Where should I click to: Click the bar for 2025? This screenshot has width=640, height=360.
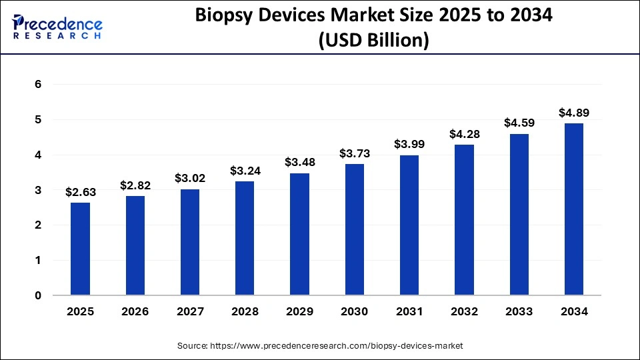point(80,249)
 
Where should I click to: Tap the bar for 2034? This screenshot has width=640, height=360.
point(573,209)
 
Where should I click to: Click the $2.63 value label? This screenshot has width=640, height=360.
point(80,192)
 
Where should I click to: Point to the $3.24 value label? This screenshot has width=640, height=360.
point(245,171)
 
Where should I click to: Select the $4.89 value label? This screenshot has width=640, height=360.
point(573,113)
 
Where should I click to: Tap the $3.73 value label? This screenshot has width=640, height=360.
point(354,153)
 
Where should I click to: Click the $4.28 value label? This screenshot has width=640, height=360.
point(464,134)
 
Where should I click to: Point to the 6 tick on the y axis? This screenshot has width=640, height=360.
point(39,85)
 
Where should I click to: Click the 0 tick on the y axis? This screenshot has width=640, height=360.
point(39,295)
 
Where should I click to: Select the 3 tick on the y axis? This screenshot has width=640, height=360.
point(39,190)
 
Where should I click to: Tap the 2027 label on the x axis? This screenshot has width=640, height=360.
point(190,311)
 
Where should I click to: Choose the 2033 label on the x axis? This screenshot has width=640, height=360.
point(519,311)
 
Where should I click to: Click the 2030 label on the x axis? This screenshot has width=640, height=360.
point(354,311)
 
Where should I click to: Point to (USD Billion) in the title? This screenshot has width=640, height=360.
point(373,41)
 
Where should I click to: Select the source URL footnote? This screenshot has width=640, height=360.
point(320,346)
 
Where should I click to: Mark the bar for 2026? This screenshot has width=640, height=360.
point(135,245)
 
